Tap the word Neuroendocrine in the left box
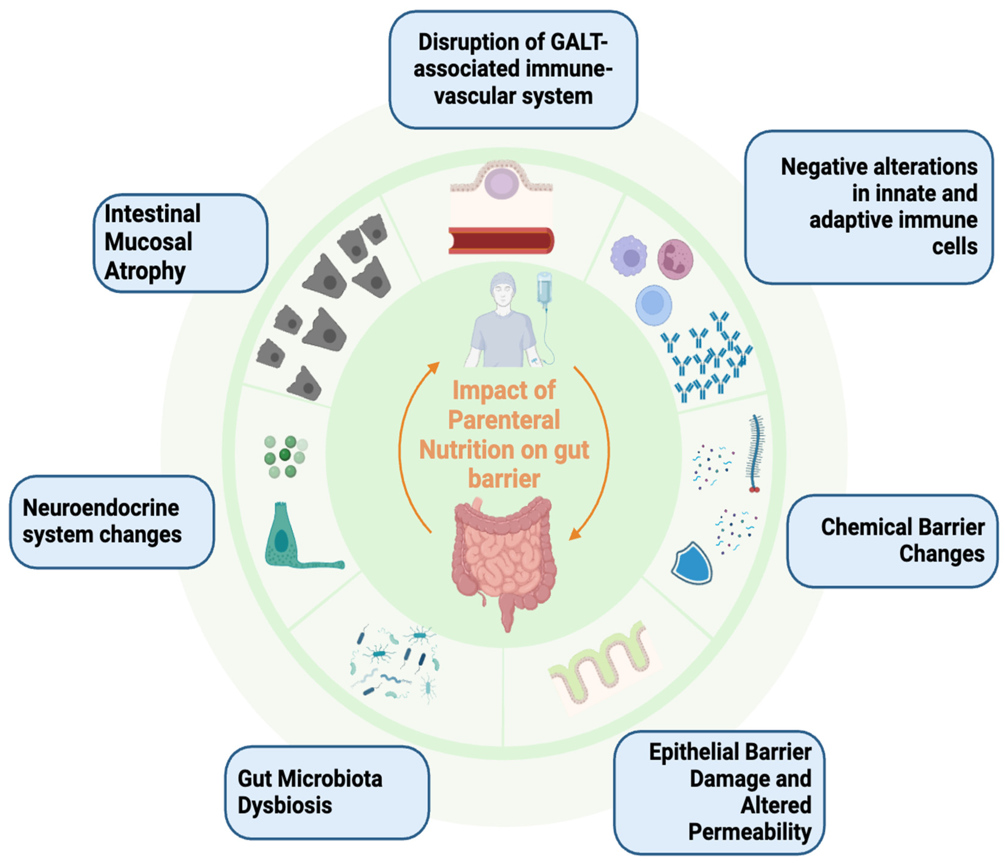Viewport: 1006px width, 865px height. (101, 508)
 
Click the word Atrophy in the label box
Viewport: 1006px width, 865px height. (145, 271)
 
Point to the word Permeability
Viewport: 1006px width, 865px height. (750, 832)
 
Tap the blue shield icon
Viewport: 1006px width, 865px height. (692, 563)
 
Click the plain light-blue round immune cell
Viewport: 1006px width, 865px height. (654, 304)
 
